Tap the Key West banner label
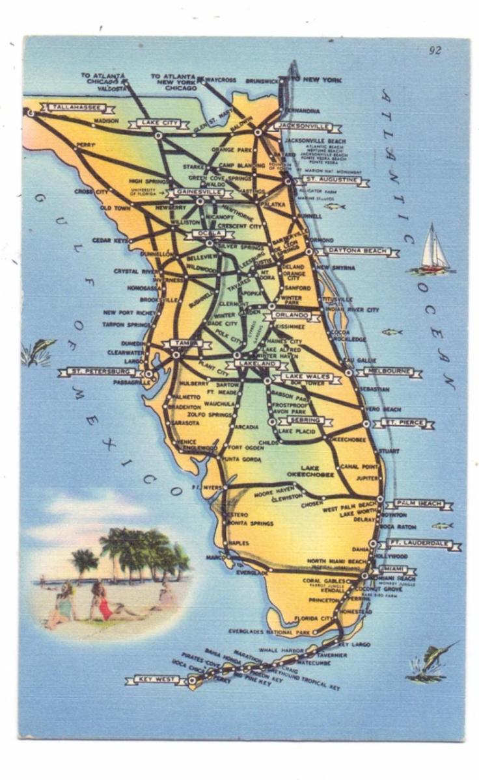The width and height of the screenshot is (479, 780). click(156, 680)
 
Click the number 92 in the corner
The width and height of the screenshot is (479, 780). click(435, 51)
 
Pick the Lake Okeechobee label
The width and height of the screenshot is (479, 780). click(318, 471)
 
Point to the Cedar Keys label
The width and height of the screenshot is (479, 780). click(109, 240)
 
